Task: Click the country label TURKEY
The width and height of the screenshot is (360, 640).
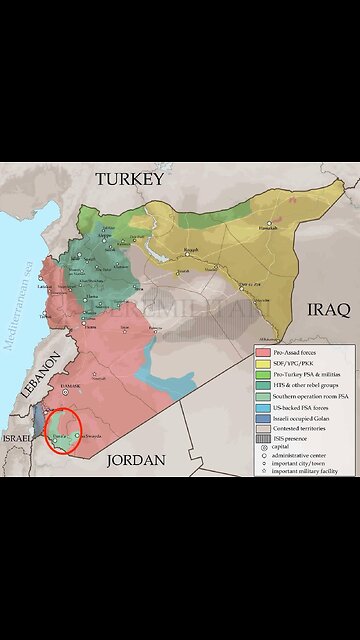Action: coord(128,179)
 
